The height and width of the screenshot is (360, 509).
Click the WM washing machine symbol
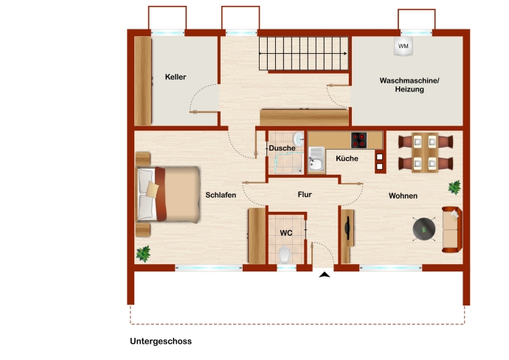tap(404, 46)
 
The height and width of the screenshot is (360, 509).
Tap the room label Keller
tap(176, 77)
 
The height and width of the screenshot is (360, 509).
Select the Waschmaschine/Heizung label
tap(409, 85)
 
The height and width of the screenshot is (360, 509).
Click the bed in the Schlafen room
tap(168, 195)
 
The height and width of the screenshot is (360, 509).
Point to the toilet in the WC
tap(285, 255)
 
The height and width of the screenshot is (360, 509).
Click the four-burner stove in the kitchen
tap(359, 140)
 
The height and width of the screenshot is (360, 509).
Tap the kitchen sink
tap(316, 160)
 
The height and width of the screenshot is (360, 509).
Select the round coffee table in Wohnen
tap(423, 229)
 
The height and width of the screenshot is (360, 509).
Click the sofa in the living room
tap(452, 229)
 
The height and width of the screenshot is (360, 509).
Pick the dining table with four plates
tap(425, 152)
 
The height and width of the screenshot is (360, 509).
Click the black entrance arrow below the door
tap(324, 274)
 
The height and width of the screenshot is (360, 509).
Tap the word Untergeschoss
tap(161, 341)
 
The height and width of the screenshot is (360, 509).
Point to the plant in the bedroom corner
tap(143, 254)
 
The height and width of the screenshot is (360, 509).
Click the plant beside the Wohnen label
tap(454, 187)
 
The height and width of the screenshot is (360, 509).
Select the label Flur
tap(305, 195)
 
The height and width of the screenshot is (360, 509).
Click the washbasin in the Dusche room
tap(298, 139)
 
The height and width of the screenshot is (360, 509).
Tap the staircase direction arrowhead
tap(345, 54)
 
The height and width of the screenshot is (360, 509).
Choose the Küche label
tap(347, 159)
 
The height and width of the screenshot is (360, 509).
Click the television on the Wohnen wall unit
tap(347, 228)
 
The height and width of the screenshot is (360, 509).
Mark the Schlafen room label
tap(221, 195)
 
